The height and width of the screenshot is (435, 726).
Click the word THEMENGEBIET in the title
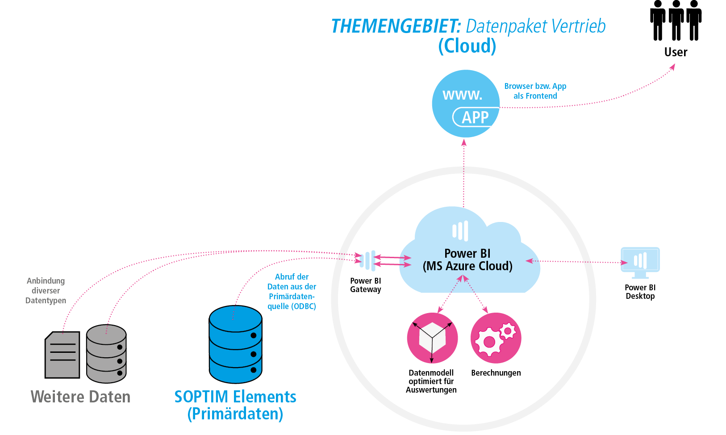click(396, 26)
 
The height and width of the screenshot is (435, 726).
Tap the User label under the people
click(676, 52)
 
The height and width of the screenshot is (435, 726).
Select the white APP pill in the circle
click(475, 117)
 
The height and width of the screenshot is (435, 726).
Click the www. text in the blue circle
click(462, 95)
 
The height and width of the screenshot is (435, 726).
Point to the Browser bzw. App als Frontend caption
click(535, 91)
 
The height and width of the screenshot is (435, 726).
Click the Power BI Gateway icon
click(368, 260)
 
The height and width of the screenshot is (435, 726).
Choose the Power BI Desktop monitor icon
click(640, 261)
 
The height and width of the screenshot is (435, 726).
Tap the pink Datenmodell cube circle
click(432, 338)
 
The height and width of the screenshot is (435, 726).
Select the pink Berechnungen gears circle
click(496, 338)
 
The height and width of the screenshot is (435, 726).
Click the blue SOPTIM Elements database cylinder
click(236, 344)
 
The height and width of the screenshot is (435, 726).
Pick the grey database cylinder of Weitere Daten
click(106, 354)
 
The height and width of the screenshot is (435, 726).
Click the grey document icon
click(63, 355)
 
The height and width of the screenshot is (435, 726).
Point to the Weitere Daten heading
click(80, 397)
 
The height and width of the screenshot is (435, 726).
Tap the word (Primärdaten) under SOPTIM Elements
click(235, 414)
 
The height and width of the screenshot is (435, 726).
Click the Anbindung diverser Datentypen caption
click(46, 291)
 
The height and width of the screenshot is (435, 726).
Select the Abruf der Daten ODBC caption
click(292, 292)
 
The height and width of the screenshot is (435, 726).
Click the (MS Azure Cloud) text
click(467, 266)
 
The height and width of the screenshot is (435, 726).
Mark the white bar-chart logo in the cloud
click(460, 231)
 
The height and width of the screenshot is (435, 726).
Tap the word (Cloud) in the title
click(467, 46)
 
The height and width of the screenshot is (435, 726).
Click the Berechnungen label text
click(496, 373)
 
